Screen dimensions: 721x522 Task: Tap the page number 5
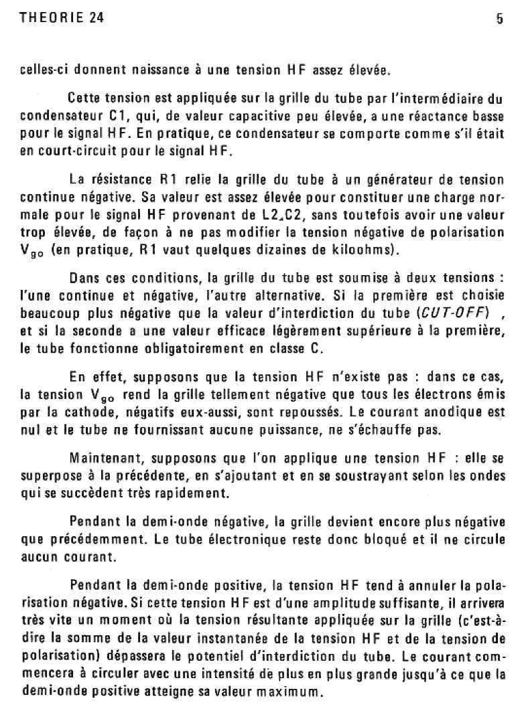click(x=499, y=20)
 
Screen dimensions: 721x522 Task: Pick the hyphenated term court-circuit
click(x=66, y=151)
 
